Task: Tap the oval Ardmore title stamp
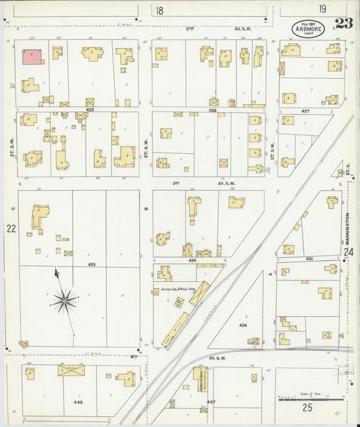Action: tap(307, 28)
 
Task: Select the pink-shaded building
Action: tap(32, 56)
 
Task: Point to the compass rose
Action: tap(66, 299)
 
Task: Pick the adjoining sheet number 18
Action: tap(159, 10)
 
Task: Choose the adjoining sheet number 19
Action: tap(324, 9)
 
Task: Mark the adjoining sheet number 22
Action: tap(11, 229)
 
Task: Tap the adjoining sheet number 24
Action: tap(349, 252)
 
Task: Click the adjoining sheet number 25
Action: tap(307, 407)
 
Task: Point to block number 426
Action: tap(213, 109)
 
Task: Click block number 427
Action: tap(305, 109)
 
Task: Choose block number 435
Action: tap(309, 259)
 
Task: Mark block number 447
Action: tap(211, 401)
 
